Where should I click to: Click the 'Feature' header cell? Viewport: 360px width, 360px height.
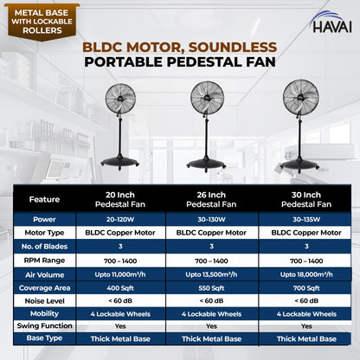click(x=44, y=199)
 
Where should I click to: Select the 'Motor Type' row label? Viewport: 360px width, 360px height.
click(x=44, y=233)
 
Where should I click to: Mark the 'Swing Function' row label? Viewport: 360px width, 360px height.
click(x=44, y=325)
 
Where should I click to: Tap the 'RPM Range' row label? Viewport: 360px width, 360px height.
click(x=44, y=259)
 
